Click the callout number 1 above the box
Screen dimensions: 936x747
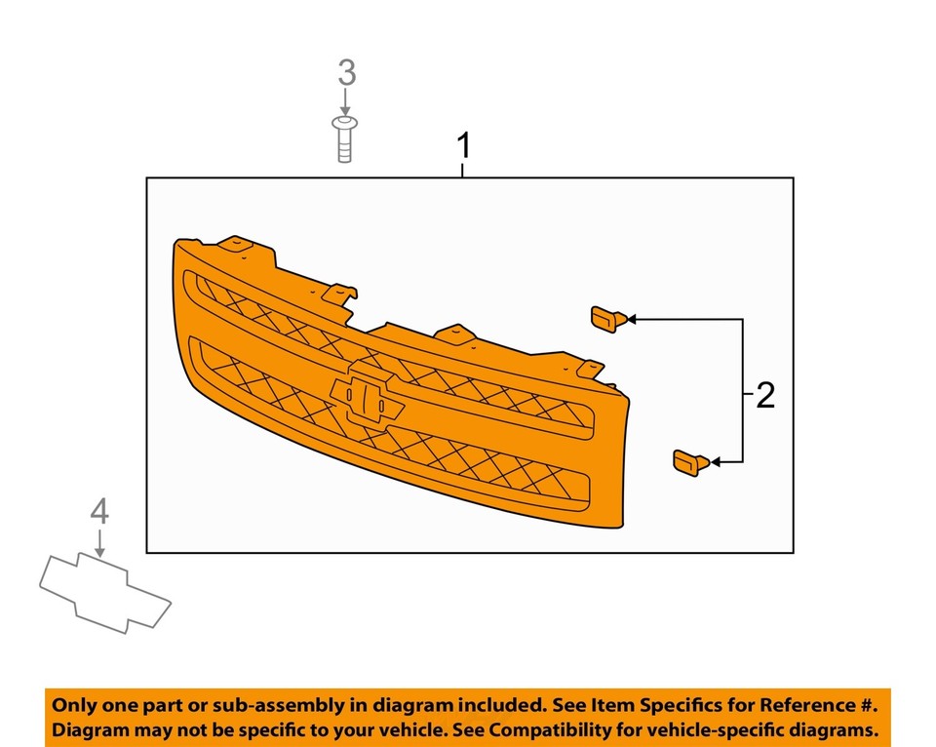464,146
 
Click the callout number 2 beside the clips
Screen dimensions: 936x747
765,395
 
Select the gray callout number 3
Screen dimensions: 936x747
347,73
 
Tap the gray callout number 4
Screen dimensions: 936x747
99,512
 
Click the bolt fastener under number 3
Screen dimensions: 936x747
344,139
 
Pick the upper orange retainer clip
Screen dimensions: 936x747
608,319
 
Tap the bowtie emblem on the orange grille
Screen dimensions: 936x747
367,393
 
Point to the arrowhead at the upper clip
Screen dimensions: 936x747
632,320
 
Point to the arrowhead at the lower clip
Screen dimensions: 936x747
715,462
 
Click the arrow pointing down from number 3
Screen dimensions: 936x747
345,101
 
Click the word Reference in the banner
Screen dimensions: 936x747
806,705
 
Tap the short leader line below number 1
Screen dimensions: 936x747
462,170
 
